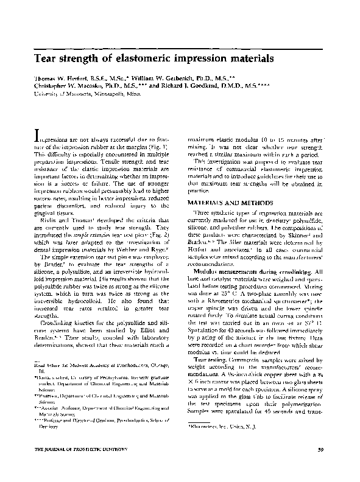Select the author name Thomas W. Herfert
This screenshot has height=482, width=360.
click(57, 80)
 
